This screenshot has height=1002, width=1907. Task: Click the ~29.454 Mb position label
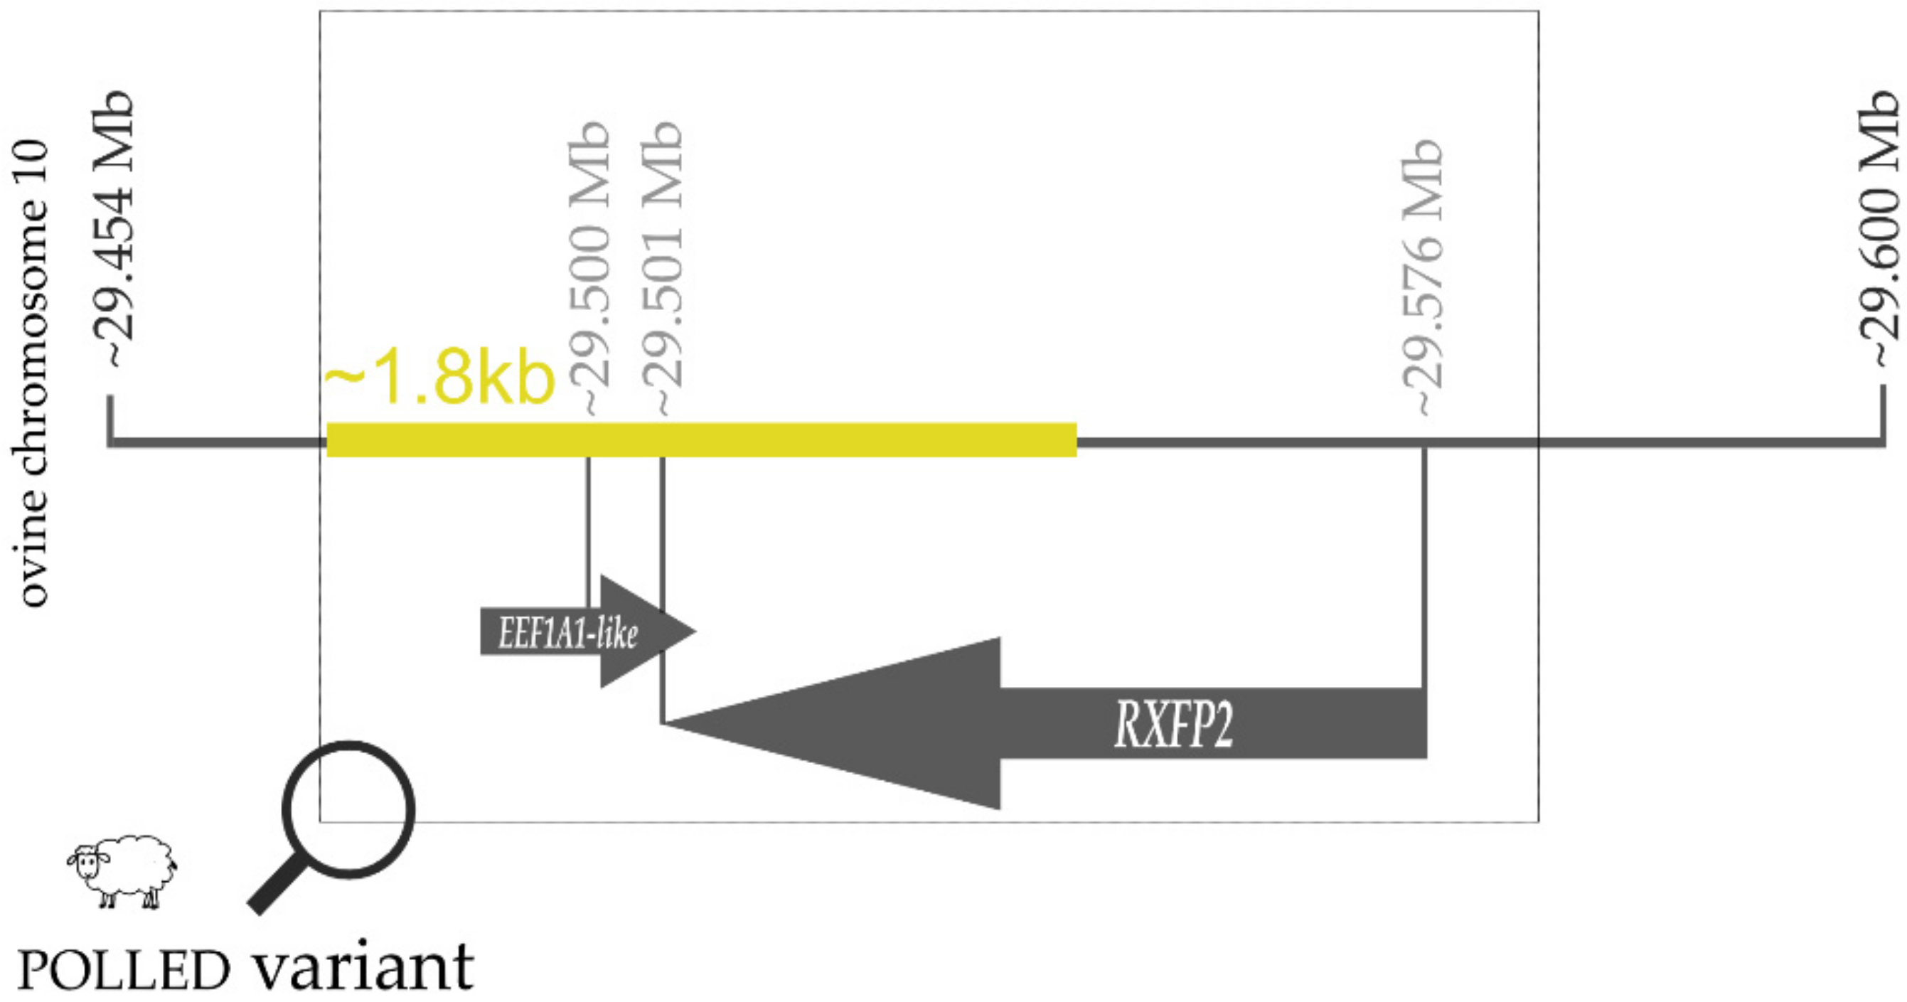[x=119, y=230]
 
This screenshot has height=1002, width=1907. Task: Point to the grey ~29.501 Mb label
[x=661, y=267]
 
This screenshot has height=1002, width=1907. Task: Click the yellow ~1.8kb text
[x=439, y=379]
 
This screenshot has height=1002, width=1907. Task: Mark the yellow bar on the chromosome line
[x=701, y=440]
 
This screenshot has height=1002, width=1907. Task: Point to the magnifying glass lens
[x=348, y=809]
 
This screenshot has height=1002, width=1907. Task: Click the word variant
[x=363, y=966]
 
